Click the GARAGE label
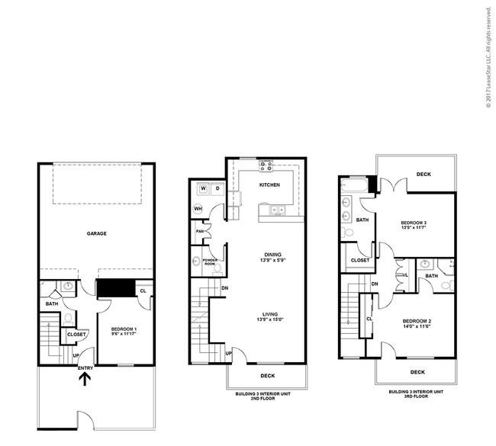coord(95,234)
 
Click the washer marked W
coord(204,188)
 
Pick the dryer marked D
coord(217,188)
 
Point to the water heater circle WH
coord(198,208)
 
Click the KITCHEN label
coord(269,185)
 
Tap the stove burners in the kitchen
coord(266,164)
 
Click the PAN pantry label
coord(198,231)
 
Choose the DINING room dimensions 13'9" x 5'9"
coord(273,260)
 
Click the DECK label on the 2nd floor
coord(266,376)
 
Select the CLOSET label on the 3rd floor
coord(360,261)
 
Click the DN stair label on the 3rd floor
coord(375,284)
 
